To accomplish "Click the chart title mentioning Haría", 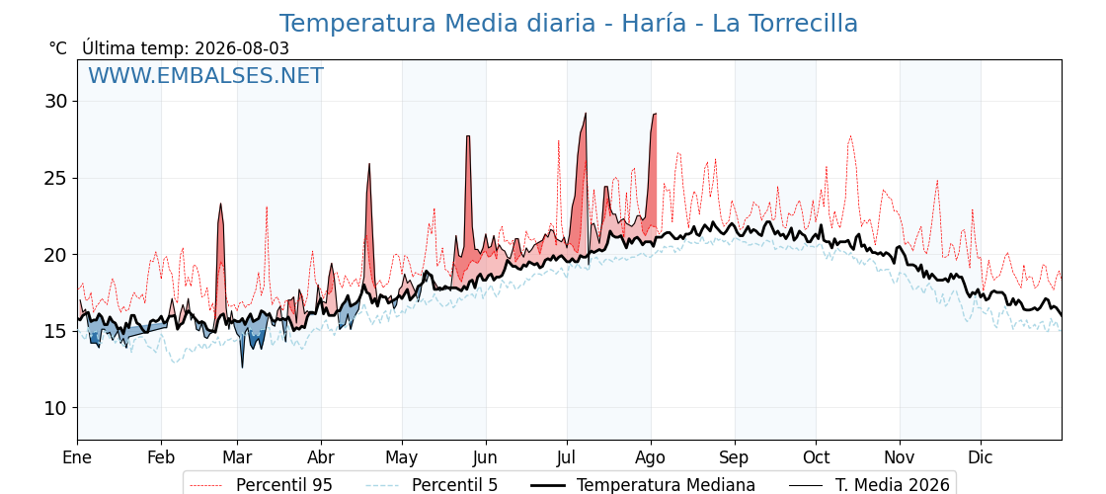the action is coord(569,24).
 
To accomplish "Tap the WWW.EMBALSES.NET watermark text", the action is coord(206,75).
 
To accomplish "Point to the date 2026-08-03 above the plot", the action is coord(242,48).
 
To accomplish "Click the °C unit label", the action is coord(58,48).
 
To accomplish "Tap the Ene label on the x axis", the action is coord(78,458).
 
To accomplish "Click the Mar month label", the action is coord(238,458).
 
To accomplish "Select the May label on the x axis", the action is coord(402,458).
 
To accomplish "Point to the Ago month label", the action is coord(651,458).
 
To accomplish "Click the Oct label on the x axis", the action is coord(816,458).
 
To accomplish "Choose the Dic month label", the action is coord(981,458).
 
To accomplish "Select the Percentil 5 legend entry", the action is coord(433,485).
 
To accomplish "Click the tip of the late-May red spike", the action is coord(468,136).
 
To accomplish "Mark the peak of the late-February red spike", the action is coord(221,204).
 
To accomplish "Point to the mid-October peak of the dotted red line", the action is coord(850,136).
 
